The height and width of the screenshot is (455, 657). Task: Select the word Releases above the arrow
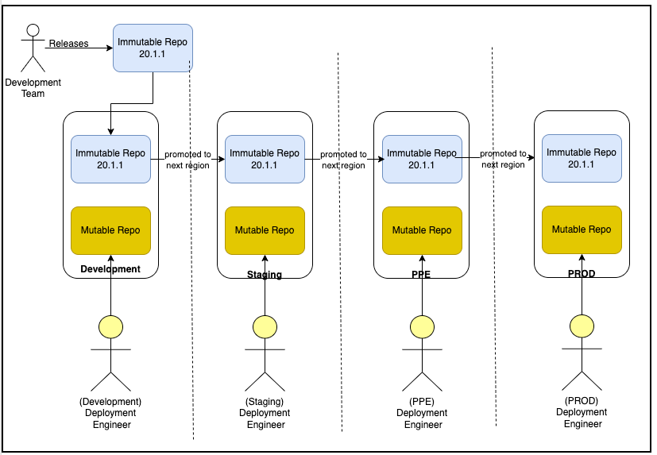68,44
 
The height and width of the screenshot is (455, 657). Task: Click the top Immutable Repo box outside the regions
153,48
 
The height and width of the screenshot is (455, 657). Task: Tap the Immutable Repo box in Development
110,159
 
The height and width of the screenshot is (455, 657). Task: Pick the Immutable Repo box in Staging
265,159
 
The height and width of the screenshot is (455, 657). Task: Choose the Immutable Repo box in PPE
422,159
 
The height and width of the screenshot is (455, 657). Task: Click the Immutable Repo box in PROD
582,158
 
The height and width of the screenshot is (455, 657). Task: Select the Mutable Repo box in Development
110,230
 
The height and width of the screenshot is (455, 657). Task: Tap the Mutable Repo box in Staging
265,230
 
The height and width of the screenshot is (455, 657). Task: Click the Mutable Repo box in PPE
422,230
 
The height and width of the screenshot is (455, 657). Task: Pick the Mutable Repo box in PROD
582,229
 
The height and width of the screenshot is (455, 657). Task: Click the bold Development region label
110,269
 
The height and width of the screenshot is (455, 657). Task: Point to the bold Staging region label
265,275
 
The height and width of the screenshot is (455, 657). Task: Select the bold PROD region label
582,273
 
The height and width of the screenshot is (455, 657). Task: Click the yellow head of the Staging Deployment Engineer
265,326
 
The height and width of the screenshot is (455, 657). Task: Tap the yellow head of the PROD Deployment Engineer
582,326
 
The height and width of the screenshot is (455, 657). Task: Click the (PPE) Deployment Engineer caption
423,413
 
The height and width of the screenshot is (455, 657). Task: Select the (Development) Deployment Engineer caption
110,413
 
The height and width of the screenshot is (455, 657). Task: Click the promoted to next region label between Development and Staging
187,160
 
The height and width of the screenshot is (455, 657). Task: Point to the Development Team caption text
33,88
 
